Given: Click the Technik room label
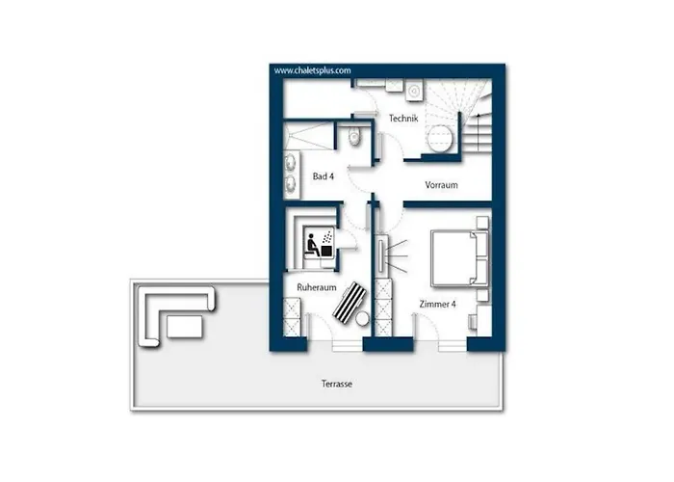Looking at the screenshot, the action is pos(403,119).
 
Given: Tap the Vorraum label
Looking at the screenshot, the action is pos(441,185).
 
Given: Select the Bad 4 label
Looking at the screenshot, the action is pos(324,176).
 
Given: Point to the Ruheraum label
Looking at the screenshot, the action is pos(317,287).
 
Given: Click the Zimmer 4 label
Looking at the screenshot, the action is pos(437,305).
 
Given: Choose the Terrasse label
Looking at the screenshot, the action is pos(337,384).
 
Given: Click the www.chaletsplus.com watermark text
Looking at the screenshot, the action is pos(313,70).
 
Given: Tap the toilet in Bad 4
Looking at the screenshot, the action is pos(354,136).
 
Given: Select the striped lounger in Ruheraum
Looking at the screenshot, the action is pos(350,302).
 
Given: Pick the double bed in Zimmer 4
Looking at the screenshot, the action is pos(459,258).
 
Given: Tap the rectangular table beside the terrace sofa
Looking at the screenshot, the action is pos(185,327).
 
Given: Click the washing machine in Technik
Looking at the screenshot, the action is pos(414,91).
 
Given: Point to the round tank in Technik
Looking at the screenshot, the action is pos(440,138).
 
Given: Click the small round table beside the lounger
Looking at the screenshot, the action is pos(362,318).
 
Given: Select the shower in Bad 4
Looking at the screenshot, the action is pos(309,136).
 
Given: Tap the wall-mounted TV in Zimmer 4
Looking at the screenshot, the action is pos(381,257).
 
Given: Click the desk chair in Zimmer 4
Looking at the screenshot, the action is pos(472,321).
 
